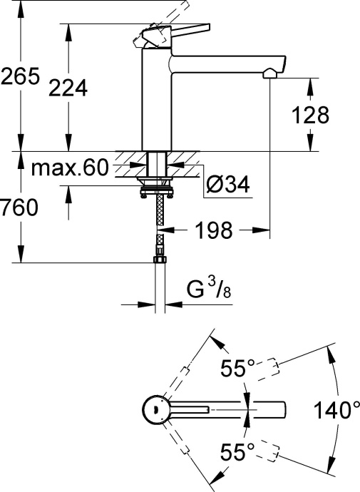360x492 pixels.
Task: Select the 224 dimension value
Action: tap(68, 88)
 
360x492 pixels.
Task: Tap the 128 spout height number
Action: tap(312, 114)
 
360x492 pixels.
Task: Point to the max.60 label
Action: tap(69, 169)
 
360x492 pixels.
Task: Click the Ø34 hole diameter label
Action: tap(227, 185)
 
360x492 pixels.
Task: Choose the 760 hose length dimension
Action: tap(16, 207)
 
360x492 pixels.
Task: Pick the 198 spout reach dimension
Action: tap(212, 230)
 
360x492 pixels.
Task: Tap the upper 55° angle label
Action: tap(237, 369)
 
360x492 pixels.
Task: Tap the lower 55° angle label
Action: tap(237, 451)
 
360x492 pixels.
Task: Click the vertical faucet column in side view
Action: tap(157, 100)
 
